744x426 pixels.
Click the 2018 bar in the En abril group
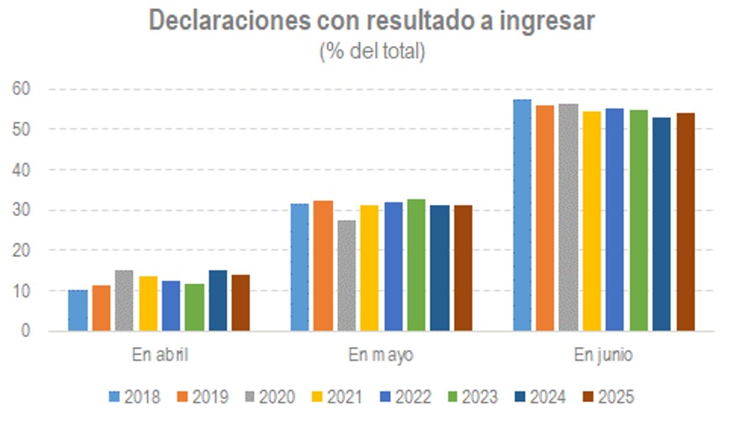(78, 310)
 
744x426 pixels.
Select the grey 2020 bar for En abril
(124, 301)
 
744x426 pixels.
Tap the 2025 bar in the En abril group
(240, 302)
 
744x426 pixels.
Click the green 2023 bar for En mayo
(415, 265)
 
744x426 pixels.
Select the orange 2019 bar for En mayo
(324, 266)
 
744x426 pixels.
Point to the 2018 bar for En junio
(522, 215)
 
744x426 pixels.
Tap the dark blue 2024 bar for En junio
(662, 224)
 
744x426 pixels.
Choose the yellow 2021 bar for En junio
(592, 221)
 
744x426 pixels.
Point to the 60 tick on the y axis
(21, 88)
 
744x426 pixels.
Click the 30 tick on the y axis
(21, 210)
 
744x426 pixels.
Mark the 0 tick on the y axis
(25, 331)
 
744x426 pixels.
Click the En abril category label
(159, 355)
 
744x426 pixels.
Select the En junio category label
(604, 355)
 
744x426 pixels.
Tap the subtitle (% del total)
(372, 50)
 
